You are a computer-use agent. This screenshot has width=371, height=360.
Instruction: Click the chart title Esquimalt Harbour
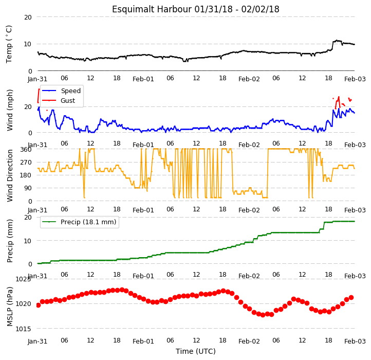152,9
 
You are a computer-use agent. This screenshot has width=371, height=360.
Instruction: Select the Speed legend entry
62,91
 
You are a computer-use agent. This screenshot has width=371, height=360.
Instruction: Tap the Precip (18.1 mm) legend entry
79,222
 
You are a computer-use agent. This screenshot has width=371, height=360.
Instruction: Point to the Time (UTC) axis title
196,351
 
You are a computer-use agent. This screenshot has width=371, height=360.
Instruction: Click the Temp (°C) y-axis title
9,44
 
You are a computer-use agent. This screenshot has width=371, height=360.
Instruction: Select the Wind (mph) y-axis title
10,110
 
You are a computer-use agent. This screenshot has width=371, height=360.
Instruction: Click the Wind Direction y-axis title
10,175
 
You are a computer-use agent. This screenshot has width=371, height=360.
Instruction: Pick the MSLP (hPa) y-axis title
10,307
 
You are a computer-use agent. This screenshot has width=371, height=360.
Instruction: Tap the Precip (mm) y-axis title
10,241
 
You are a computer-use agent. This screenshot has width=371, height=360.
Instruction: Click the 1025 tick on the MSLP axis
23,279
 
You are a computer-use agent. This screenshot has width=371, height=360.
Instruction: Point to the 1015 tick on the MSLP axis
23,329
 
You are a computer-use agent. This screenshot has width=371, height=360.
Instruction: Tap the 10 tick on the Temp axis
28,44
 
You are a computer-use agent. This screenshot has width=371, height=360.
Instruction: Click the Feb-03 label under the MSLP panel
355,341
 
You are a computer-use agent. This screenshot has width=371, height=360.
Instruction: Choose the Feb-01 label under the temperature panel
143,79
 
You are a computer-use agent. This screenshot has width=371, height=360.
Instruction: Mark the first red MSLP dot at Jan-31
39,305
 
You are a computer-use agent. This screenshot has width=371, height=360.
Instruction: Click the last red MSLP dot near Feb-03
351,297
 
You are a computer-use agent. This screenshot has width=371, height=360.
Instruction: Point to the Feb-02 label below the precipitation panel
249,276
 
